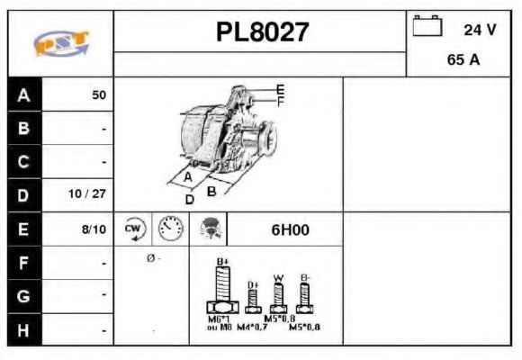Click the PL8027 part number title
tap(262, 33)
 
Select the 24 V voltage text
tap(480, 30)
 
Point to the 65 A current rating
tap(462, 61)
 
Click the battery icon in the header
tap(426, 27)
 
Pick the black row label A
tap(23, 94)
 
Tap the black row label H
tap(23, 330)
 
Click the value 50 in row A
tap(99, 94)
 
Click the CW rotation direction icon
tap(134, 229)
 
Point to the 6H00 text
tap(290, 229)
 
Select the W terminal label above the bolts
tap(278, 277)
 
